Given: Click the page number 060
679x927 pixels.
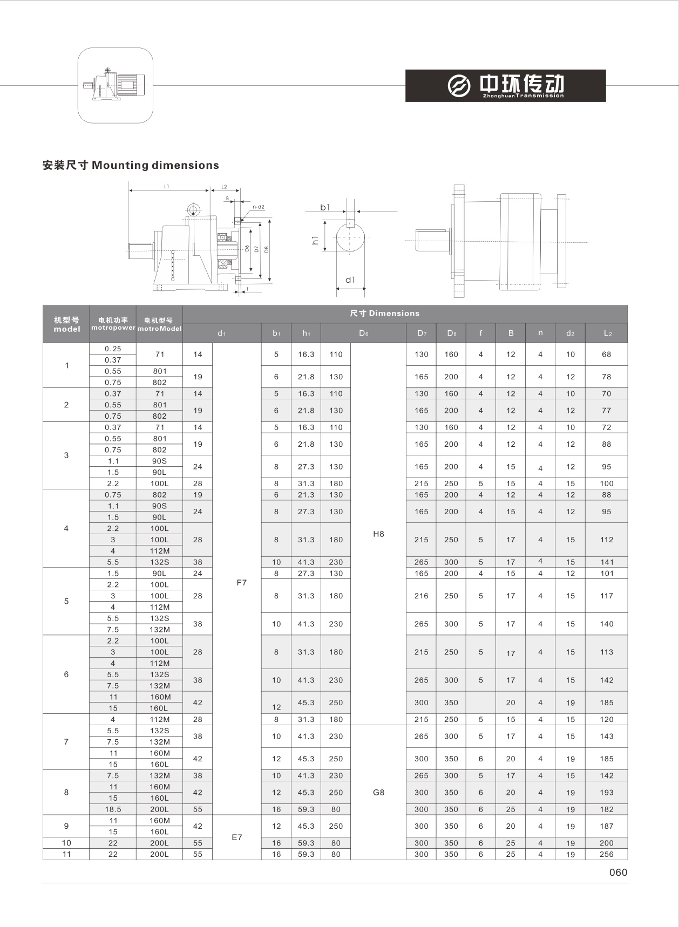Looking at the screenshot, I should [618, 873].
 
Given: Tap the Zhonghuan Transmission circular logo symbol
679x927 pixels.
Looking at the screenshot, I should [459, 85].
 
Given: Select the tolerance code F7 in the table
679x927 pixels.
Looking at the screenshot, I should [241, 583].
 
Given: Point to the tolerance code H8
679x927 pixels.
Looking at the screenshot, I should [378, 534].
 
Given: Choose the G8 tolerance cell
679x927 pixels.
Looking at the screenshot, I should [378, 793].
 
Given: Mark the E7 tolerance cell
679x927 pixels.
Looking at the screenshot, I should [237, 837].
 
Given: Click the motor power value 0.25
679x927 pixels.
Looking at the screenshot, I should [113, 349].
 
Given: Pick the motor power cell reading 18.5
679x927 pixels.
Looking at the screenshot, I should [113, 809].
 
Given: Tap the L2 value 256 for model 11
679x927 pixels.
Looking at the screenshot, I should [607, 854].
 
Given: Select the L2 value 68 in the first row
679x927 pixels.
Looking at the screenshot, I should [607, 355].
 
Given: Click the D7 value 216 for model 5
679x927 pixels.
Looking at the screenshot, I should [422, 596].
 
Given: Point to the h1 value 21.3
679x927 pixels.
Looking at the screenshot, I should [306, 495].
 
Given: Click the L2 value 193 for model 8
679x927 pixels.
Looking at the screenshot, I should [607, 793].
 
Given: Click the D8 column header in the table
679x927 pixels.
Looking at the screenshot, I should [452, 333].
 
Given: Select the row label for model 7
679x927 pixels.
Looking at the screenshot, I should [66, 742].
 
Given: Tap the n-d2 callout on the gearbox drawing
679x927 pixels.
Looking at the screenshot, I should [259, 207].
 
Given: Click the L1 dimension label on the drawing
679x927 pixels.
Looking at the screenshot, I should [167, 187].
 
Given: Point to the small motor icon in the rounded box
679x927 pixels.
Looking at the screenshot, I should [116, 85].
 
